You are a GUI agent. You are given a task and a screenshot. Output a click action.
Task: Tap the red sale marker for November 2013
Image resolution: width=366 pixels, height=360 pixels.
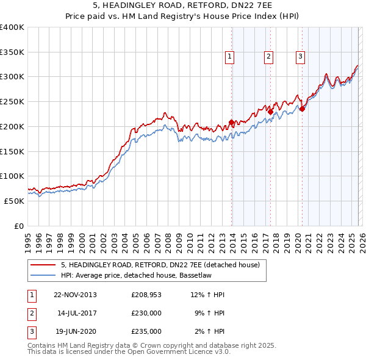click(x=231, y=122)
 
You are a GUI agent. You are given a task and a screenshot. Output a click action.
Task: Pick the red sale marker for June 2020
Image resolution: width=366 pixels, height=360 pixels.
click(x=302, y=109)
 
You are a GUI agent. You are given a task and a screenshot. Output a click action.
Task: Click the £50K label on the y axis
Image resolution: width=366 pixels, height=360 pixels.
click(x=14, y=201)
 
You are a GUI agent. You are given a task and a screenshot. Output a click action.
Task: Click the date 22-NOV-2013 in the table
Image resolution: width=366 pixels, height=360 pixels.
click(x=75, y=295)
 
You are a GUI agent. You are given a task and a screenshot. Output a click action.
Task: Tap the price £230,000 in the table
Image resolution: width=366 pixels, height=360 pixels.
click(x=146, y=313)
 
